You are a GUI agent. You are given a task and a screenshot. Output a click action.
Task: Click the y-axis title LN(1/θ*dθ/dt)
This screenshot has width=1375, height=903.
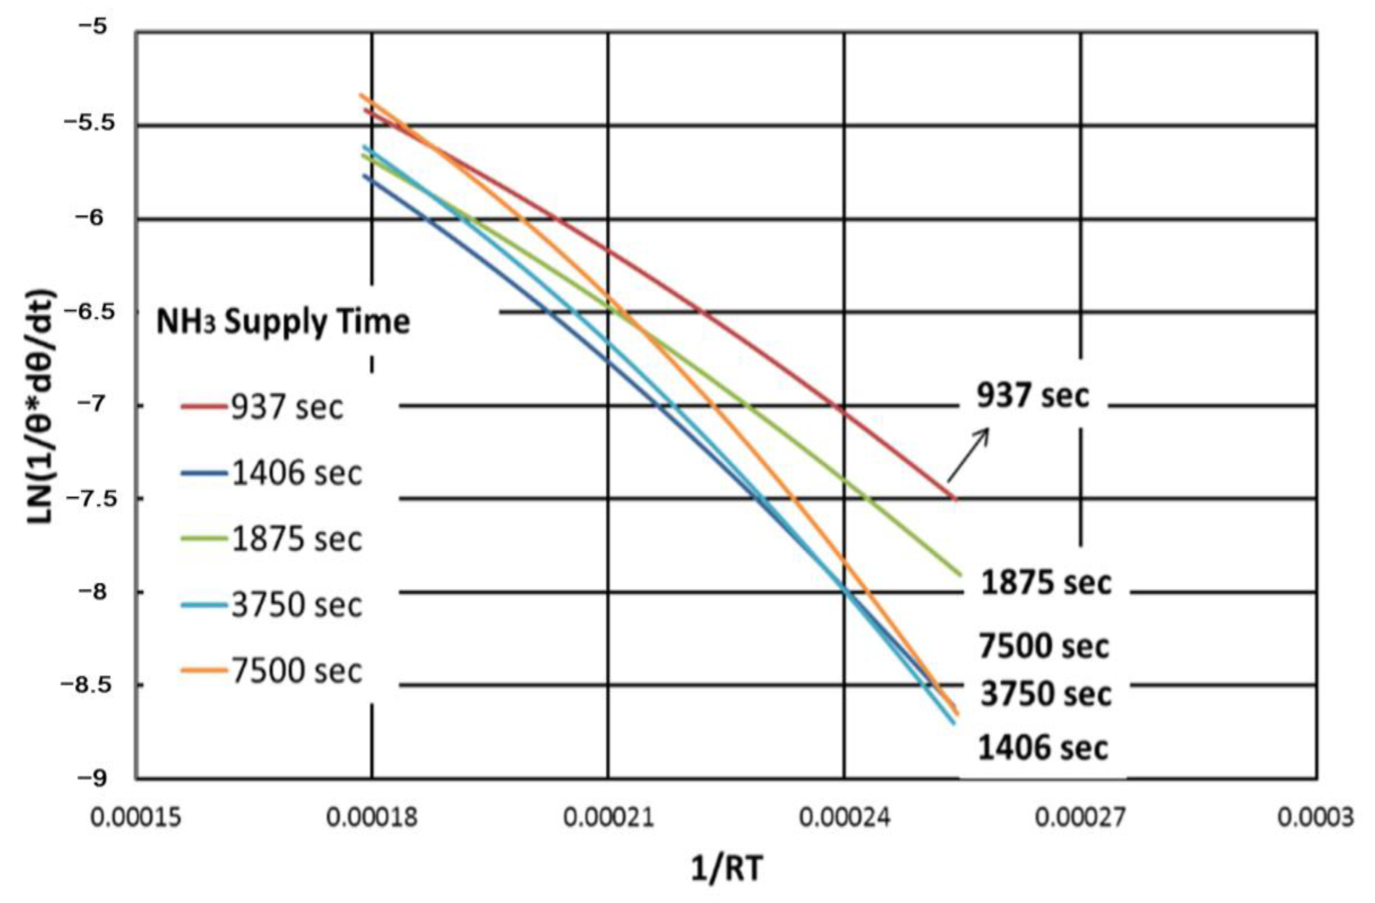[x=43, y=407]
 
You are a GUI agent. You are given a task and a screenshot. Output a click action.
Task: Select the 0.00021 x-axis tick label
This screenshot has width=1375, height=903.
[x=608, y=818]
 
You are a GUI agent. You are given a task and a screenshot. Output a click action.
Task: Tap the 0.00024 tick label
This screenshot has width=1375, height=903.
[x=844, y=818]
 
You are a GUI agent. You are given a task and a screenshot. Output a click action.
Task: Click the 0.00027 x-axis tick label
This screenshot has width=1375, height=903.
[x=1080, y=818]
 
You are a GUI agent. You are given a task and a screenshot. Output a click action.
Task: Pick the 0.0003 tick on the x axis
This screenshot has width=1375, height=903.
[x=1315, y=818]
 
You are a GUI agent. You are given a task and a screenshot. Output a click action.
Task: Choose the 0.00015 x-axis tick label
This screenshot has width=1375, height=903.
[x=136, y=818]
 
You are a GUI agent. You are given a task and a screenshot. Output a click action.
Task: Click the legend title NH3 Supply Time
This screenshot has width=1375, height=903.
[x=283, y=322]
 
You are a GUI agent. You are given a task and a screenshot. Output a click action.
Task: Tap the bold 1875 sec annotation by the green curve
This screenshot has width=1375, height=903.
[x=1046, y=582]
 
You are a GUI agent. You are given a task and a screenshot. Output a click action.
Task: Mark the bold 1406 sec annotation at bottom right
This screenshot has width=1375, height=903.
[x=1043, y=748]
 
